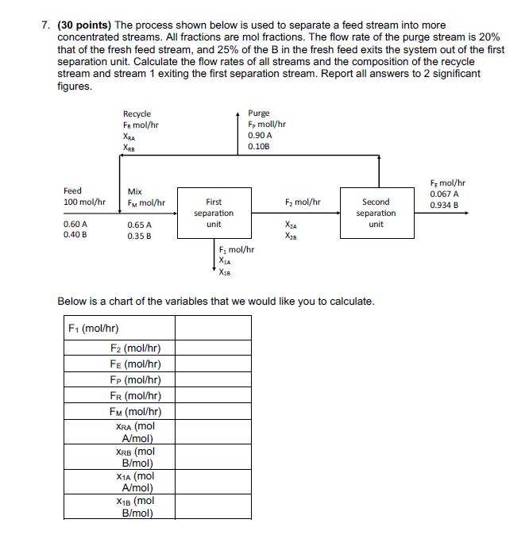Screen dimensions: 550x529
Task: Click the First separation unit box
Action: coord(214,213)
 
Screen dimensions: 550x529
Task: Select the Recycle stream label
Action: coord(137,114)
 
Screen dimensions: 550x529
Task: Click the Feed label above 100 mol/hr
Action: coord(72,191)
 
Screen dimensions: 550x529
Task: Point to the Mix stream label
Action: coord(135,191)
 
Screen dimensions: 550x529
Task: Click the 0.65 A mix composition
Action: coord(139,225)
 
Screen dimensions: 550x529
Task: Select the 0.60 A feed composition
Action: coord(75,225)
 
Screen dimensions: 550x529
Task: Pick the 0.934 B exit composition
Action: coord(445,205)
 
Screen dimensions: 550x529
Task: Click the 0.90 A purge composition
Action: coord(259,136)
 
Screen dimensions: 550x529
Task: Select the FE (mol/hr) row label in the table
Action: coord(136,364)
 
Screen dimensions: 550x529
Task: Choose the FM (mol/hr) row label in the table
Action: coord(136,411)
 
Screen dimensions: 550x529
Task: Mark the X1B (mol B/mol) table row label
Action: coord(136,506)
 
